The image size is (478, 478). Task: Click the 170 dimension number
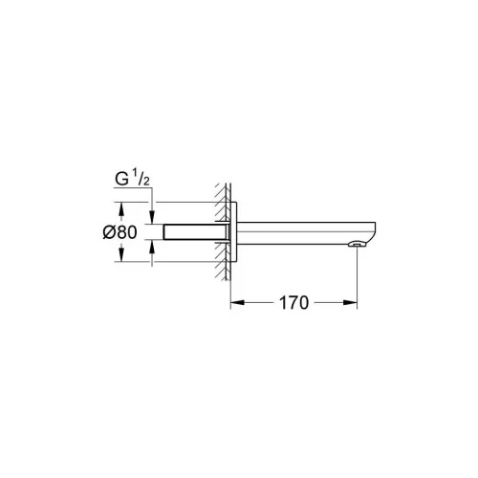pos(293,303)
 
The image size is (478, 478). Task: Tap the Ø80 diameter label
pos(119,232)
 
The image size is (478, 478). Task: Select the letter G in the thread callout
pos(121,180)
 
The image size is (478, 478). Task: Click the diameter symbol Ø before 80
pos(109,232)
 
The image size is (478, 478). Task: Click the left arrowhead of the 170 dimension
pos(237,302)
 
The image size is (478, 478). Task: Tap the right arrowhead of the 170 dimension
pos(350,302)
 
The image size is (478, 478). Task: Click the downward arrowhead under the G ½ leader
pos(152,217)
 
